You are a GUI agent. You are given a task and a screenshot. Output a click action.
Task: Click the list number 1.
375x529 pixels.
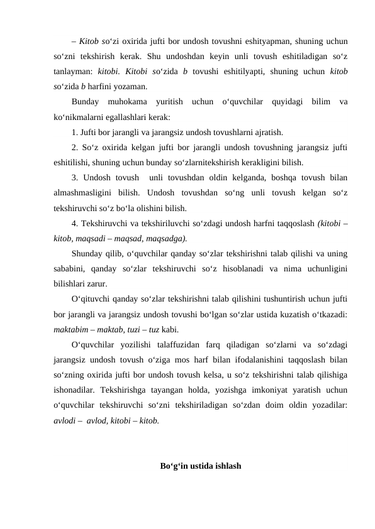click(74, 133)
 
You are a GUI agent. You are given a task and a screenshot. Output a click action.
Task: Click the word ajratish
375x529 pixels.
click(267, 133)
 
